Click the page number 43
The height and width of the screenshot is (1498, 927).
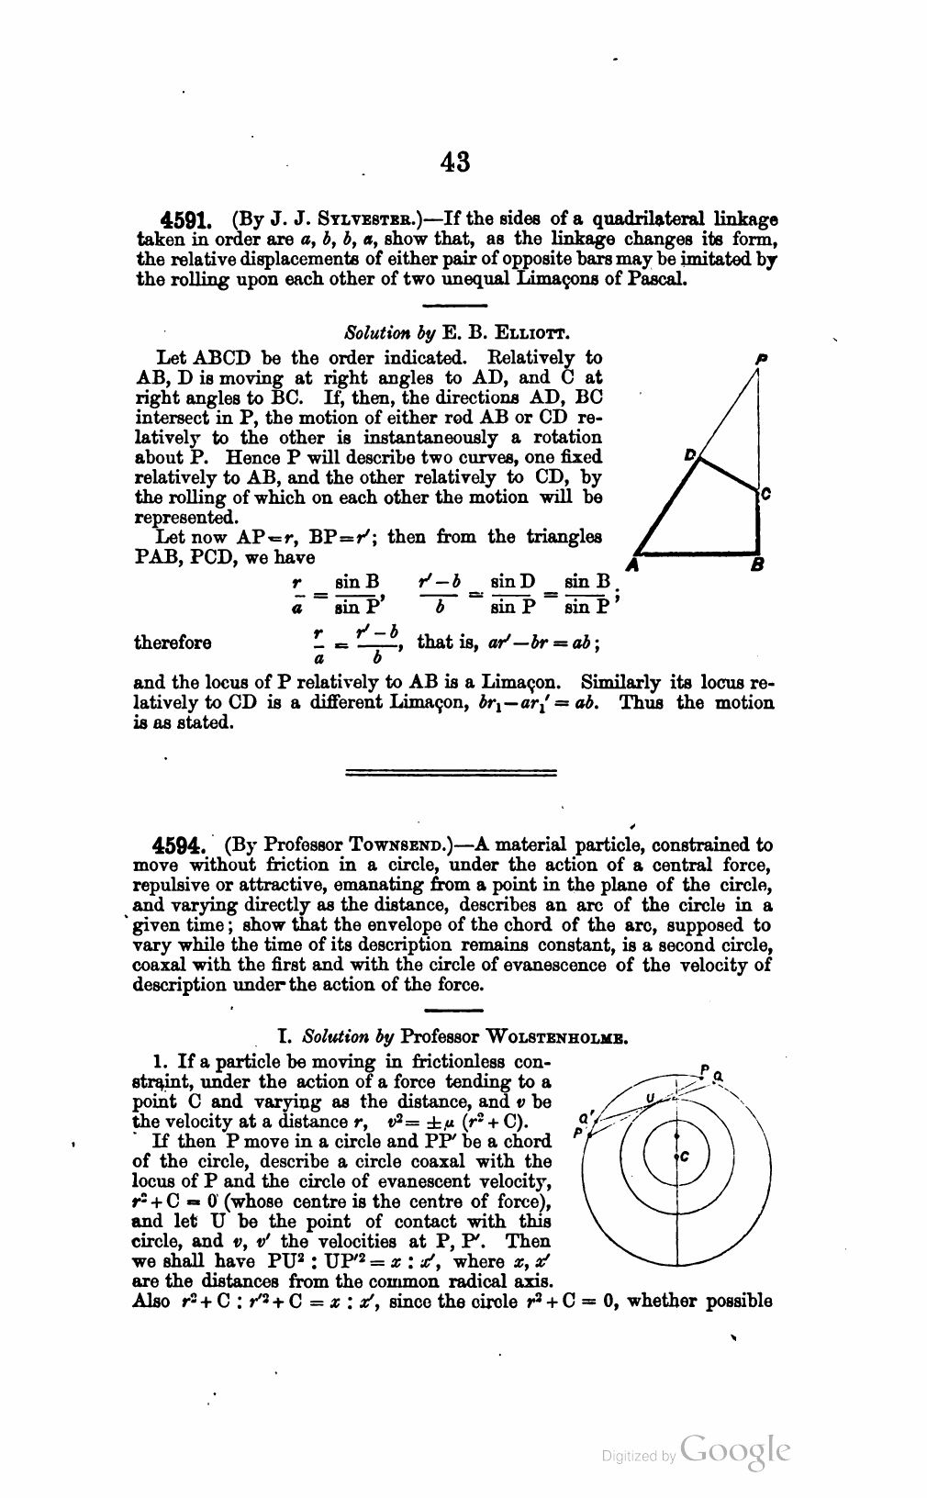pyautogui.click(x=455, y=162)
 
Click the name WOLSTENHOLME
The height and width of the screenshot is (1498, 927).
pyautogui.click(x=552, y=1037)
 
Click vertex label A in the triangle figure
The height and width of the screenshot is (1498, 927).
pyautogui.click(x=630, y=565)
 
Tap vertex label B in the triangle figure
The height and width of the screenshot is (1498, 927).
pyautogui.click(x=758, y=565)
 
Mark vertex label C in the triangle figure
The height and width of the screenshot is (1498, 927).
pyautogui.click(x=766, y=496)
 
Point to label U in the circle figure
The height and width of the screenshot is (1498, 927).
pyautogui.click(x=651, y=1098)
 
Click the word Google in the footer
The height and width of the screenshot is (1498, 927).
pyautogui.click(x=736, y=1450)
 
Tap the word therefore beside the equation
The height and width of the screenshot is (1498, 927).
pyautogui.click(x=173, y=643)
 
